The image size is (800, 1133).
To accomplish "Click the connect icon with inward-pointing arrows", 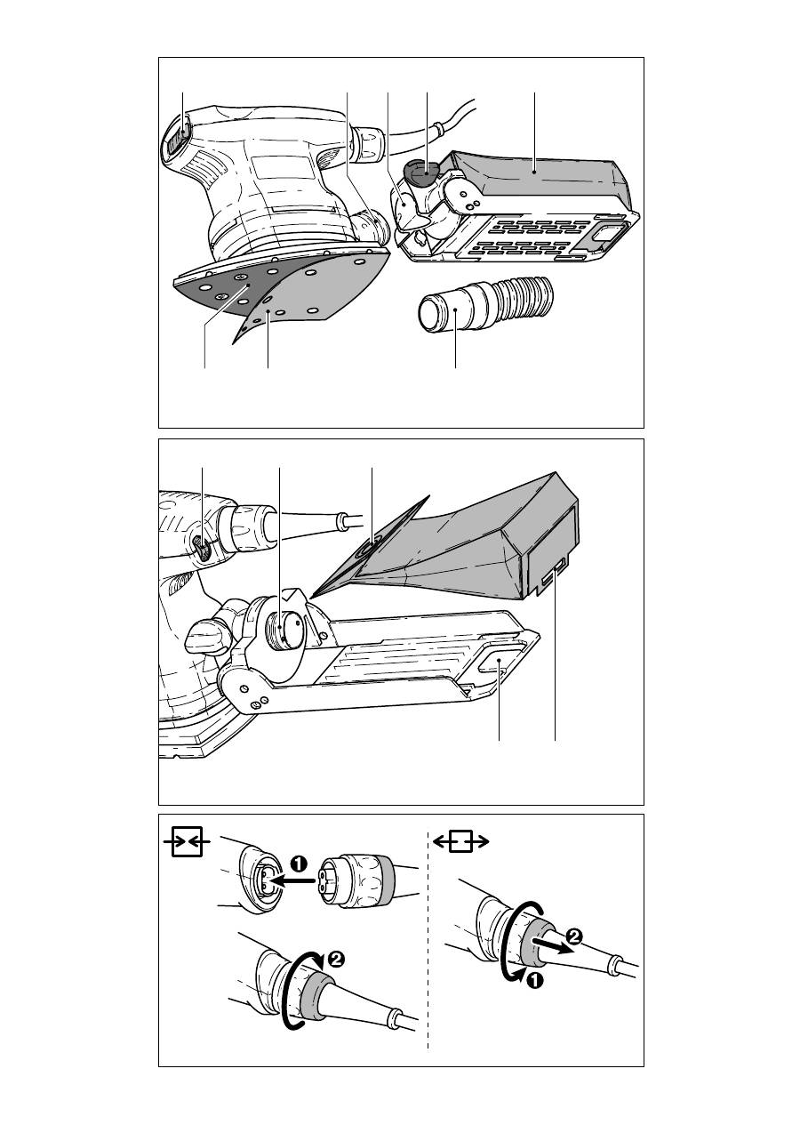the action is [x=187, y=841].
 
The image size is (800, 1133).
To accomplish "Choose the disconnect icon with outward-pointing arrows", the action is [x=460, y=841].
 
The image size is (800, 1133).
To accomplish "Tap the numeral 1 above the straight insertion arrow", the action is [x=300, y=863].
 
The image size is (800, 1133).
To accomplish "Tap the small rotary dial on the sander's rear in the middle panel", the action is [x=204, y=549].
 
